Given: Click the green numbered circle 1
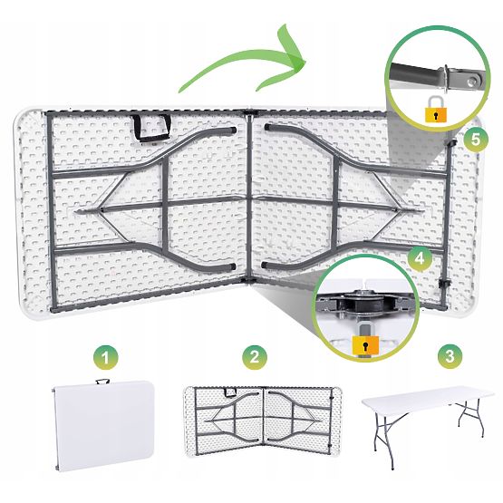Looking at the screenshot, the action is pyautogui.click(x=105, y=357).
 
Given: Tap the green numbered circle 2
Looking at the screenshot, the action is pyautogui.click(x=255, y=357).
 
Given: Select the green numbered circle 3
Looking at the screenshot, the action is pyautogui.click(x=450, y=356).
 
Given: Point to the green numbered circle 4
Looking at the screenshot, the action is pyautogui.click(x=420, y=258).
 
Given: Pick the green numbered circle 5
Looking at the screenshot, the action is pyautogui.click(x=476, y=140).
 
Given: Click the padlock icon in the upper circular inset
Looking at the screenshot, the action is pyautogui.click(x=436, y=110).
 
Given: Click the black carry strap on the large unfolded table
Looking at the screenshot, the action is pyautogui.click(x=152, y=128).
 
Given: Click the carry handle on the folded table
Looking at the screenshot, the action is pyautogui.click(x=102, y=382).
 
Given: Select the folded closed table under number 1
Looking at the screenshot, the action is pyautogui.click(x=103, y=426).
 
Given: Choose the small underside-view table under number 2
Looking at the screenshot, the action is pyautogui.click(x=262, y=421).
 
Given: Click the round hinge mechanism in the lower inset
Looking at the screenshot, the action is pyautogui.click(x=365, y=303).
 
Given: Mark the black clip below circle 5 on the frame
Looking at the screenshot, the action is pyautogui.click(x=452, y=142).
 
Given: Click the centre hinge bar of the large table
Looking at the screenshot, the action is pyautogui.click(x=249, y=197).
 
